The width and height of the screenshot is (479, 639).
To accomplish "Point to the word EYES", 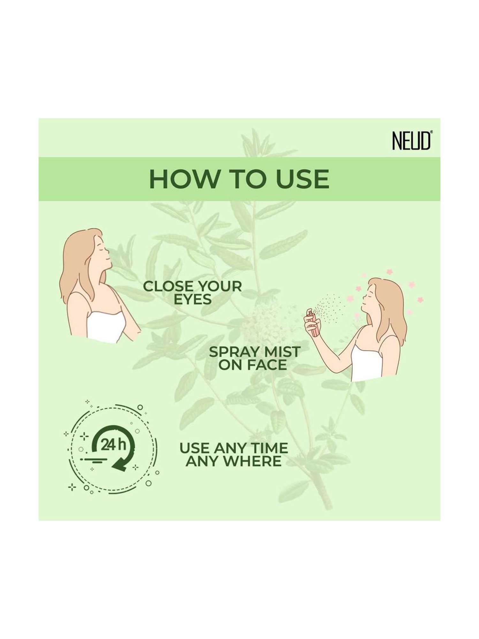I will click(193, 300).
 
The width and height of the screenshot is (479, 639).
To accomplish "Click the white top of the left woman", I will click(105, 326).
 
